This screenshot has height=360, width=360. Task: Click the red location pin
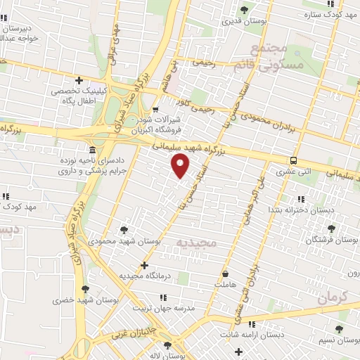181,167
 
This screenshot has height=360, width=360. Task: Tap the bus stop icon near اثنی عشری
293,160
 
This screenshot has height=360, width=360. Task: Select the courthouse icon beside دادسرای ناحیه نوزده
94,150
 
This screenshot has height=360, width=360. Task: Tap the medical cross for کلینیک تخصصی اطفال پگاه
79,80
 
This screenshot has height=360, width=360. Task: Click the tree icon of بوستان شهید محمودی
124,230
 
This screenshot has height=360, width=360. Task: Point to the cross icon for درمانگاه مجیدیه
144,265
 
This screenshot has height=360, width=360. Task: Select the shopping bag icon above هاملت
225,274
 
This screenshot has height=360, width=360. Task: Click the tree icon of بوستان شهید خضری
85,288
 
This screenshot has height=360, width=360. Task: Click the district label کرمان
332,297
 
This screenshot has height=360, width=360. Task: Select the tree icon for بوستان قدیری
244,9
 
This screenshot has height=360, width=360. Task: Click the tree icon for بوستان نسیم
339,329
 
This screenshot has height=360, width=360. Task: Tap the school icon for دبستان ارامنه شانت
252,324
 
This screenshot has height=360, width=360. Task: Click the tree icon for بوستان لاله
167,345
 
